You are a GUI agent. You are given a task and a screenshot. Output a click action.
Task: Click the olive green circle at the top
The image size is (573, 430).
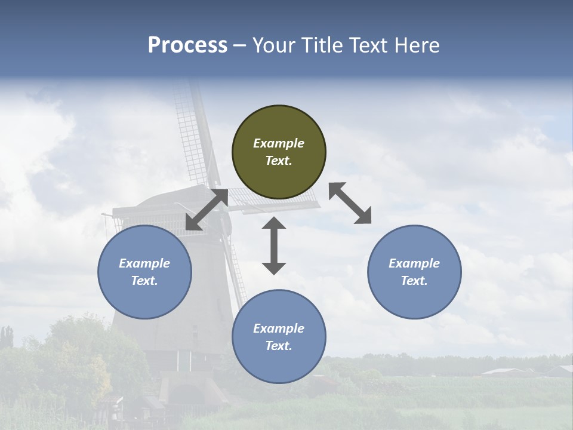279,152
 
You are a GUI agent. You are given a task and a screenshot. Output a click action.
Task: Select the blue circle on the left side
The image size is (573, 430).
144,272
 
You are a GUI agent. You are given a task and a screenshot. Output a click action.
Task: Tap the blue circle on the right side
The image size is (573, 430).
414,272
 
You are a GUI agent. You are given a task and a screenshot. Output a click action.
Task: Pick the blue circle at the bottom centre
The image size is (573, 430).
279,337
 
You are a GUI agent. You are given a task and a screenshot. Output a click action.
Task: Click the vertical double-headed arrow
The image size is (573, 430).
274,245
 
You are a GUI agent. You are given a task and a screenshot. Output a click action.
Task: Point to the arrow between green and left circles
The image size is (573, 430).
207,209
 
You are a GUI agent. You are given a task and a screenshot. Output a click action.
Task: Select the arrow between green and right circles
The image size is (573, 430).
350,203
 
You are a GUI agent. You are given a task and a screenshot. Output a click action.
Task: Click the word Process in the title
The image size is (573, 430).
187,45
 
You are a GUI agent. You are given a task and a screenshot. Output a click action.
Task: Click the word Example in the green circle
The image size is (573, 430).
279,143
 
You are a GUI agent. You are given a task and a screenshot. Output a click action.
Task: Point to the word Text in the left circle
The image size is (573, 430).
144,281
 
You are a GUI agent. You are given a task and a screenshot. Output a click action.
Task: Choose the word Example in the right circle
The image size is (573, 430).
414,263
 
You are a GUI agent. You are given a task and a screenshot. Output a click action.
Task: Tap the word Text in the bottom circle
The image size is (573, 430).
279,346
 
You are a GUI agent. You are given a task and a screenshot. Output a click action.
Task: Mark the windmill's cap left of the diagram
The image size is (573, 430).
149,206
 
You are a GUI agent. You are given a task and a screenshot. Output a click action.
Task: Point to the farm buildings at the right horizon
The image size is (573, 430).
525,371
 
